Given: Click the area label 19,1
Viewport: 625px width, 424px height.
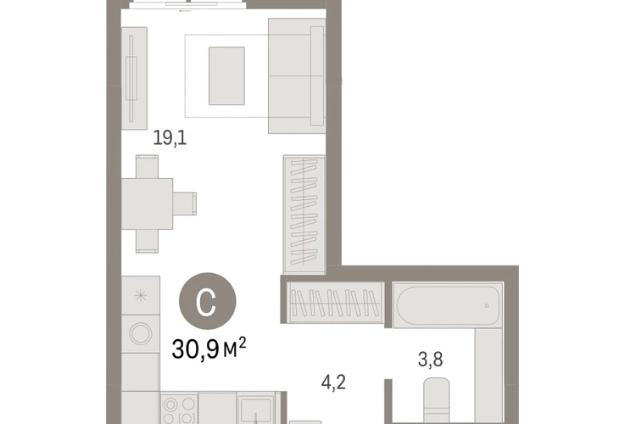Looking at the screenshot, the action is (x=170, y=138).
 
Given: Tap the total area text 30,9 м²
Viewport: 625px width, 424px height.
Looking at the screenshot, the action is (x=209, y=348).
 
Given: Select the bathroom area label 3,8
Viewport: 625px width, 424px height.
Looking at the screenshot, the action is (x=431, y=359).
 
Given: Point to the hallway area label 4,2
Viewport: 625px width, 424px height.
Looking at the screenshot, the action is (x=333, y=382).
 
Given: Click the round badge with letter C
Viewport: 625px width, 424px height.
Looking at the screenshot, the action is (x=208, y=301).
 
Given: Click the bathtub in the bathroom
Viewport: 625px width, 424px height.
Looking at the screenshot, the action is (x=448, y=305).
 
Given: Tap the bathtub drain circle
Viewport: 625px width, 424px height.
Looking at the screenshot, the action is (x=487, y=305).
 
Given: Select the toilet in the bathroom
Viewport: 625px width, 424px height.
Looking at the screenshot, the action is (x=437, y=400).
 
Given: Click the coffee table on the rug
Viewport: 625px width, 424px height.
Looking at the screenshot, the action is (x=226, y=75).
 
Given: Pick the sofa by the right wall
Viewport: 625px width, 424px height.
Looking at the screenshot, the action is (x=297, y=75).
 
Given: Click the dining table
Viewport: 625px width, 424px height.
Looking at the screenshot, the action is (x=147, y=204).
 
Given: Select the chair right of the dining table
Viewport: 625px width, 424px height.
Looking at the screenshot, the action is (x=185, y=204).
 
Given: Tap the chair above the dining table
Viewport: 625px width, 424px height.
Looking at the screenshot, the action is (x=147, y=167).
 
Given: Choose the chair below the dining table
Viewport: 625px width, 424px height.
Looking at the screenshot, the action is (x=147, y=241).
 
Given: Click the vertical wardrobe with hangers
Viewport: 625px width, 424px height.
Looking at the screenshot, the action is (x=304, y=215).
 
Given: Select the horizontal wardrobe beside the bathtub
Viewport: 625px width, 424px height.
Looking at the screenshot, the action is (x=336, y=303).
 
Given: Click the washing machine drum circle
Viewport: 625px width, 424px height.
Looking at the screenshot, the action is (x=141, y=333).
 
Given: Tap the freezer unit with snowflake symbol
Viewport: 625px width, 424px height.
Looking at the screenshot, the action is (x=141, y=296).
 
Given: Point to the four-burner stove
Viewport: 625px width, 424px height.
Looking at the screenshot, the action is (x=179, y=409).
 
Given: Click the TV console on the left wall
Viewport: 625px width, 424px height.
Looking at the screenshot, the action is (x=134, y=78).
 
